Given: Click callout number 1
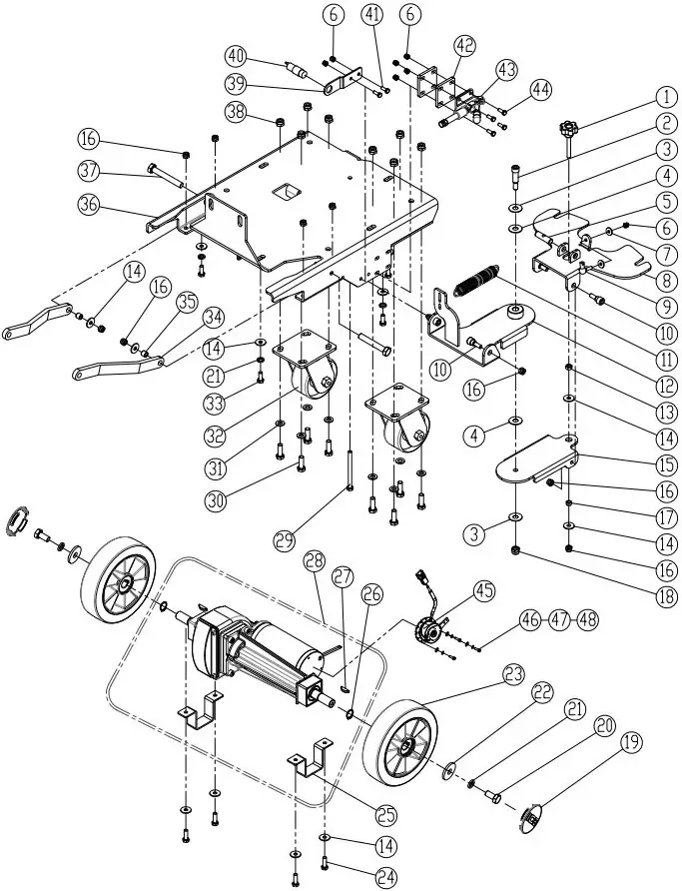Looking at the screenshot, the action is pos(666,98).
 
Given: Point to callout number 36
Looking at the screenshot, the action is pos(90,204).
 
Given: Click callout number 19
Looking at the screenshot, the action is pos(632,744).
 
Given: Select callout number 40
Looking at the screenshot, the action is pos(237,56).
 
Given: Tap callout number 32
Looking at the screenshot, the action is pos(216,436).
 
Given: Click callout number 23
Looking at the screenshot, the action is pos(513,675).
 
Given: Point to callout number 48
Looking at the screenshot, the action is pos(587,619).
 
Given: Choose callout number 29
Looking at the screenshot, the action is pos(286,539).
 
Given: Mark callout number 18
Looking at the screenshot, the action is pos(666,596).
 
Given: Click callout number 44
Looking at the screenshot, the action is pos(541,90).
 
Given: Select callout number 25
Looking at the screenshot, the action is pos(386,815).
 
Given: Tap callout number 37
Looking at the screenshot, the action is pos(90,171).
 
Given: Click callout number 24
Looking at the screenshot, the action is pos(386,877).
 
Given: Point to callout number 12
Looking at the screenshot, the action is pos(666,387).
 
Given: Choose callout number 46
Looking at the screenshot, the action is pos(531,619).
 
